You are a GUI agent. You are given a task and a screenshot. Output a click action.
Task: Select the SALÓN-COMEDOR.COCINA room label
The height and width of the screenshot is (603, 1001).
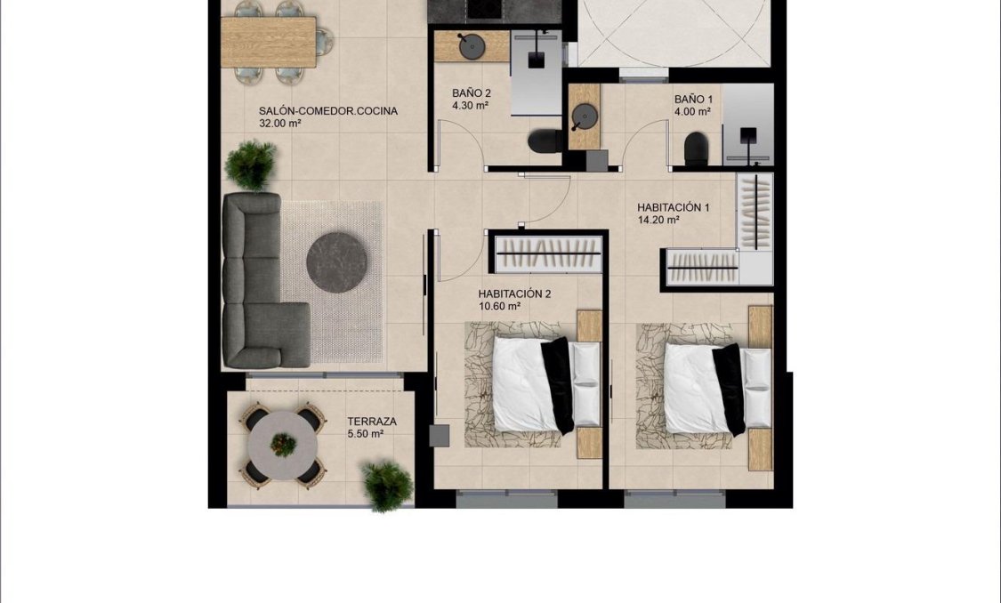coord(327,111)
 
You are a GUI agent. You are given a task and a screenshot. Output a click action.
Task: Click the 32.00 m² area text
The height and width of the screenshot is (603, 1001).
coord(280,124)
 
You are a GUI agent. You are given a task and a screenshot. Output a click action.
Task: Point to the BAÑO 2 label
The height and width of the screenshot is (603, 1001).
coord(471,93)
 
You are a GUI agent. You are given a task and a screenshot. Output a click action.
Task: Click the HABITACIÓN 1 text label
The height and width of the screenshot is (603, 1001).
coord(673,208)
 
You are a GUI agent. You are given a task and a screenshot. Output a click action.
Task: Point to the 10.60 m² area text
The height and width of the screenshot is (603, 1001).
coord(499,306)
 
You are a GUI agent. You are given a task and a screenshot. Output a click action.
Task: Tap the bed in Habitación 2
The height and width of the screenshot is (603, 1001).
coord(532,383)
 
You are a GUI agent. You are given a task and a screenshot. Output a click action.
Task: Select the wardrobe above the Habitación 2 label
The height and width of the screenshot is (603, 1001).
coord(546,254)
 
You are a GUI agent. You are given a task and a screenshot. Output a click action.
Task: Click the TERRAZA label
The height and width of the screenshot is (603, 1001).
coord(372,422)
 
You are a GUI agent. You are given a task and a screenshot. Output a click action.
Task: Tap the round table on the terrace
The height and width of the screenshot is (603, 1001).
coord(283,444)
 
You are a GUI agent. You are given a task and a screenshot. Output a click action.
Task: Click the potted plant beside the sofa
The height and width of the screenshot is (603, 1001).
coord(251,165)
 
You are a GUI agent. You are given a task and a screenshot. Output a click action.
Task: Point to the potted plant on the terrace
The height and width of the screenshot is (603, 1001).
coord(388,485)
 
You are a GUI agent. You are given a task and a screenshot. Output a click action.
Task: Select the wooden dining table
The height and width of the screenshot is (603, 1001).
coord(269,43)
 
